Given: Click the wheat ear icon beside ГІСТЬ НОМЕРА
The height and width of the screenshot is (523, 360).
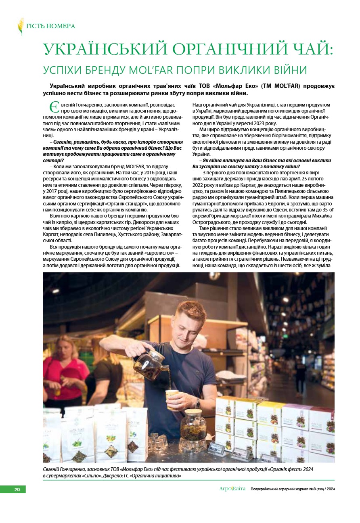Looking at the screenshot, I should pyautogui.click(x=21, y=26).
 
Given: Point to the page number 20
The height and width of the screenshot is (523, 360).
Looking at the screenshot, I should pyautogui.click(x=17, y=490).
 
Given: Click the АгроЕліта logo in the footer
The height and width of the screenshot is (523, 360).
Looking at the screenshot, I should pyautogui.click(x=232, y=489).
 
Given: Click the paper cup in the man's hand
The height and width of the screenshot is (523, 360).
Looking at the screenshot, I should pyautogui.click(x=172, y=398).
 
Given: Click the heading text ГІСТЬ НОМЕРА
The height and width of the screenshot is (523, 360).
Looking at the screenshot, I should pyautogui.click(x=50, y=26).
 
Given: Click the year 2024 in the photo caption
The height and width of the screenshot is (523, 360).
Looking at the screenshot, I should pyautogui.click(x=306, y=469).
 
